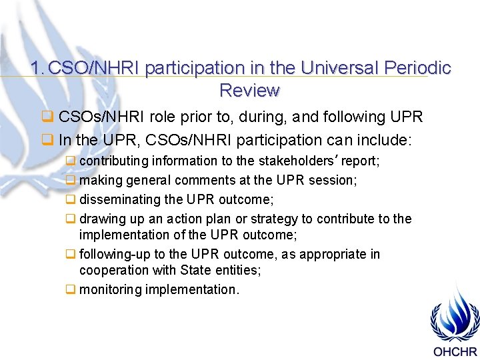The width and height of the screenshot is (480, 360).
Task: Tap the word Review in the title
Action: (249, 90)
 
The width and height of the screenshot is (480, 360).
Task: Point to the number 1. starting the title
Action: (37, 68)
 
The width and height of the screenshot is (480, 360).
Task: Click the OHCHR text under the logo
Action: (455, 352)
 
